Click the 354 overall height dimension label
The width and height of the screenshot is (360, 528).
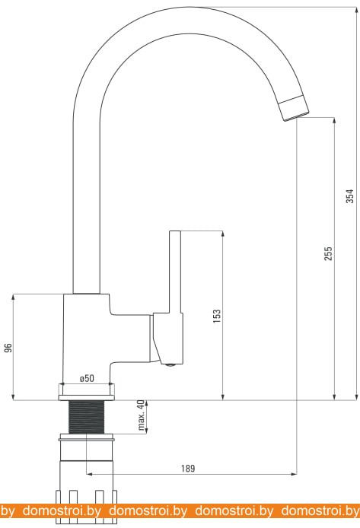[350, 196]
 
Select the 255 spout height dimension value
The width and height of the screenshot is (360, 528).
[328, 253]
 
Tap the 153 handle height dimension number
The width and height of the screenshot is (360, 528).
[217, 316]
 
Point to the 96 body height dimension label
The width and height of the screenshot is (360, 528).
[8, 348]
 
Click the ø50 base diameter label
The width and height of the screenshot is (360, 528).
[87, 378]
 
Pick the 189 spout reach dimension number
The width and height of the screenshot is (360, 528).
[188, 468]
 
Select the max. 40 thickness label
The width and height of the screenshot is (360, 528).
[142, 415]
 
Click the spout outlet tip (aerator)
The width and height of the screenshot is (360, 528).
[294, 108]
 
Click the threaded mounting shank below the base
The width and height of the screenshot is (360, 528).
[87, 417]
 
